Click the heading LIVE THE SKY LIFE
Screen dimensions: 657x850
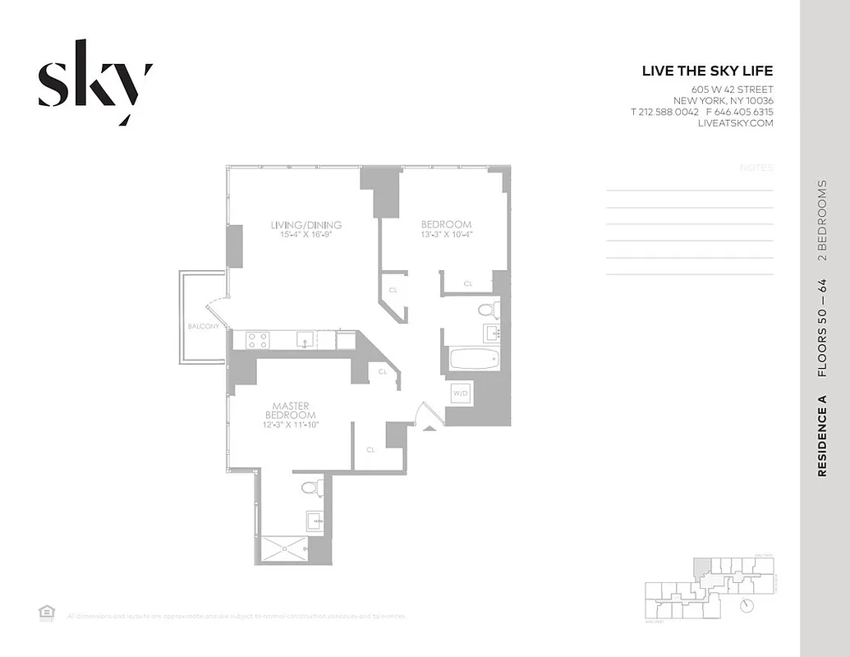point(707,71)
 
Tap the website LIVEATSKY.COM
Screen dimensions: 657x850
point(735,123)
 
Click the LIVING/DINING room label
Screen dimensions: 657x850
point(306,225)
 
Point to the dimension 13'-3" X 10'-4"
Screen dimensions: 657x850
point(447,234)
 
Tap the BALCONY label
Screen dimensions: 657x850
point(203,326)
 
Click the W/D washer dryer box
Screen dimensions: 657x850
point(459,393)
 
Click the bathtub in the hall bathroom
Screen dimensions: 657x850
point(475,360)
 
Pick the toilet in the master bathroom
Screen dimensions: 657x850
point(310,488)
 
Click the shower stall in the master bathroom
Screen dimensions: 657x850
point(284,548)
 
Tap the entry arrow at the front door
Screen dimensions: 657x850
point(429,427)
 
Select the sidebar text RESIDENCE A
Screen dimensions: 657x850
point(822,436)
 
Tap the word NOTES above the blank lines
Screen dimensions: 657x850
point(756,168)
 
